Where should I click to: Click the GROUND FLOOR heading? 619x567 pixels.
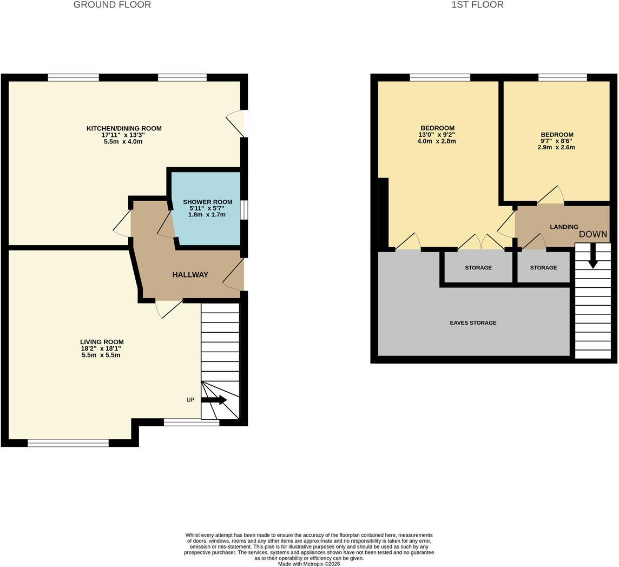(112, 5)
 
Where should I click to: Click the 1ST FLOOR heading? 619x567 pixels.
(478, 5)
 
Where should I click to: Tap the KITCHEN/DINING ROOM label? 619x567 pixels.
(124, 128)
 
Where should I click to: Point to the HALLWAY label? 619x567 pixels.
(190, 275)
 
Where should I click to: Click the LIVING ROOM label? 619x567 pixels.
(102, 342)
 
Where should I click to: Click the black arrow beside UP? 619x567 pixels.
(214, 400)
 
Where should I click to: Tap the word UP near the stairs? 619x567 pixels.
(190, 400)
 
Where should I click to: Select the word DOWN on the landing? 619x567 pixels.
(593, 234)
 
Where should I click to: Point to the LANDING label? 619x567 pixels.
(564, 227)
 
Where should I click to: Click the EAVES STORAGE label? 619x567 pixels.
(473, 322)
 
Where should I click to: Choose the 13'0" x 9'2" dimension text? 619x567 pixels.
(437, 135)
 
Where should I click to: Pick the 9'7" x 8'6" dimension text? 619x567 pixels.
(556, 141)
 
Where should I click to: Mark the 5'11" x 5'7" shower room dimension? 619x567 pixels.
(208, 208)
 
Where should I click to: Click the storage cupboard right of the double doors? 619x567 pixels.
(544, 267)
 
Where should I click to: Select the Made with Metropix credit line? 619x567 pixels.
(309, 564)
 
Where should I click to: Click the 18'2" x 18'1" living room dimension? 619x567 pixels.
(101, 348)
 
